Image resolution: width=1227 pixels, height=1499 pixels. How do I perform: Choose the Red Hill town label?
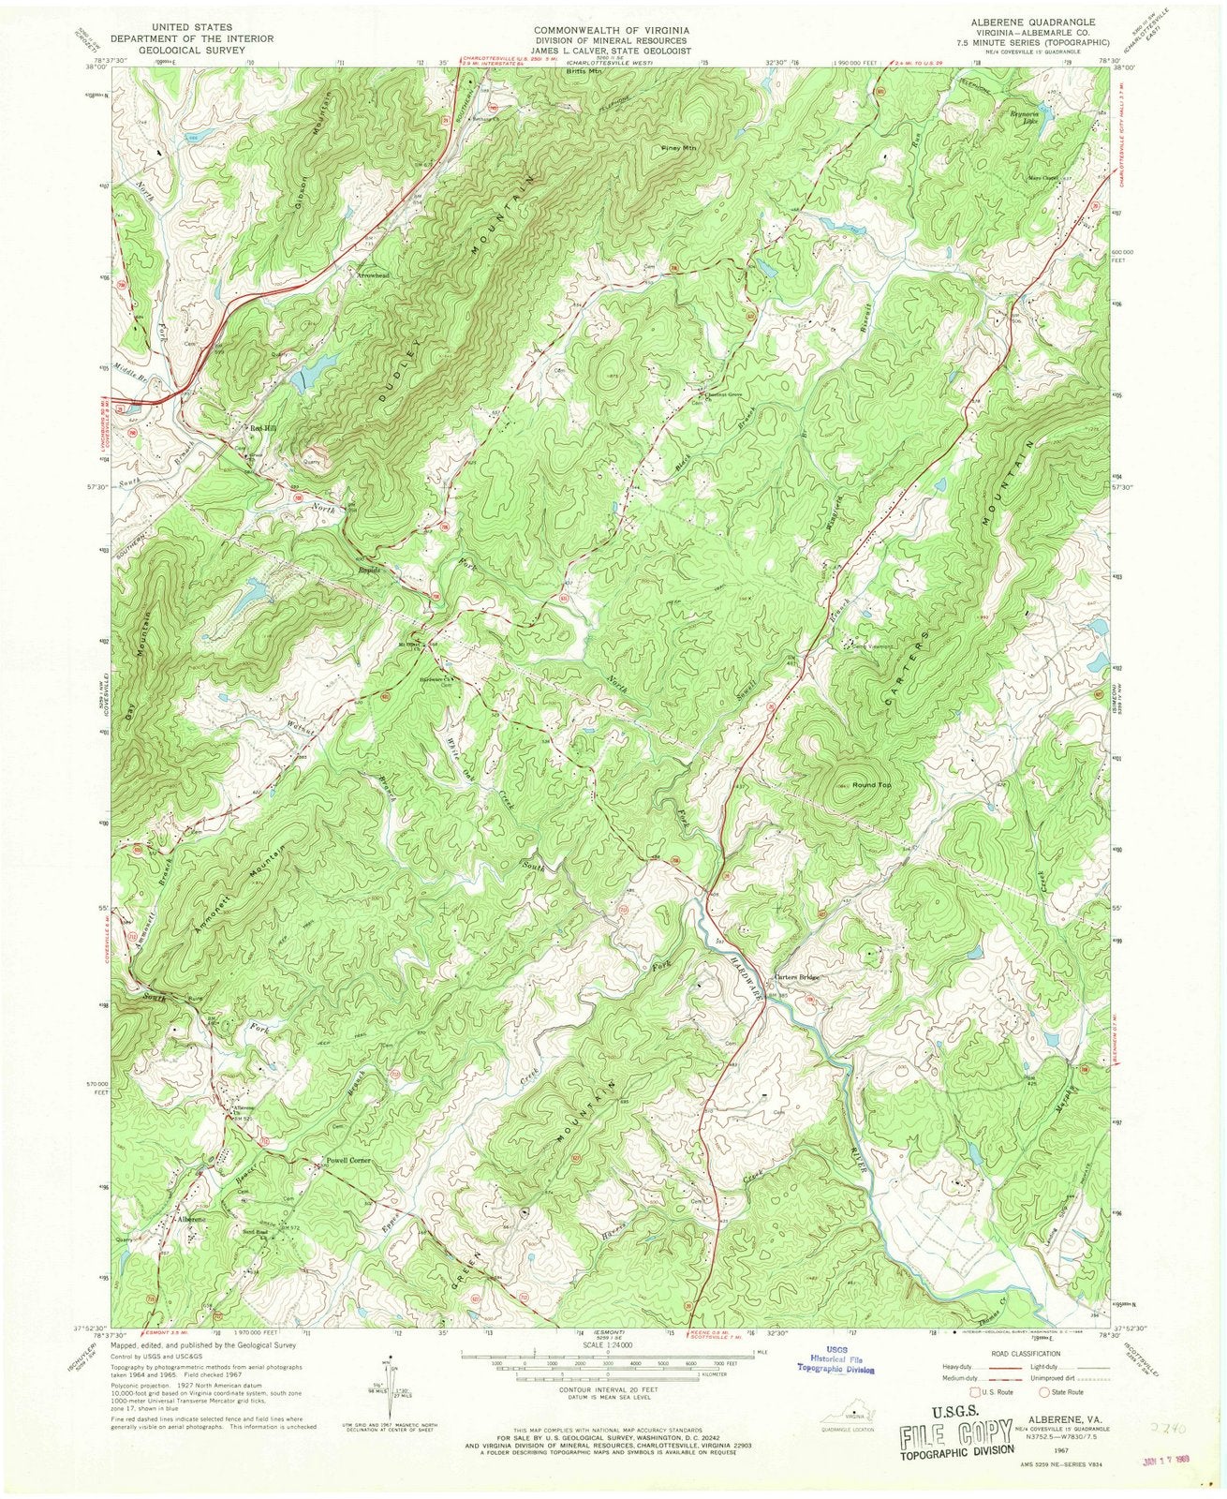tap(263, 426)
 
